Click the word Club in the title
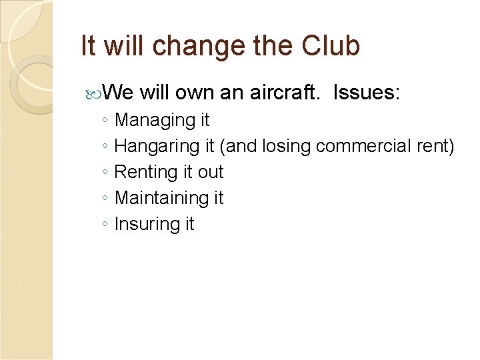pos(331,45)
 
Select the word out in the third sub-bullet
pos(211,172)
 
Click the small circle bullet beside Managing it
pos(105,121)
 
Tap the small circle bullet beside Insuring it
pos(105,225)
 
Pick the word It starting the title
pos(87,45)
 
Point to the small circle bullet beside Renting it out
pos(105,173)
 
